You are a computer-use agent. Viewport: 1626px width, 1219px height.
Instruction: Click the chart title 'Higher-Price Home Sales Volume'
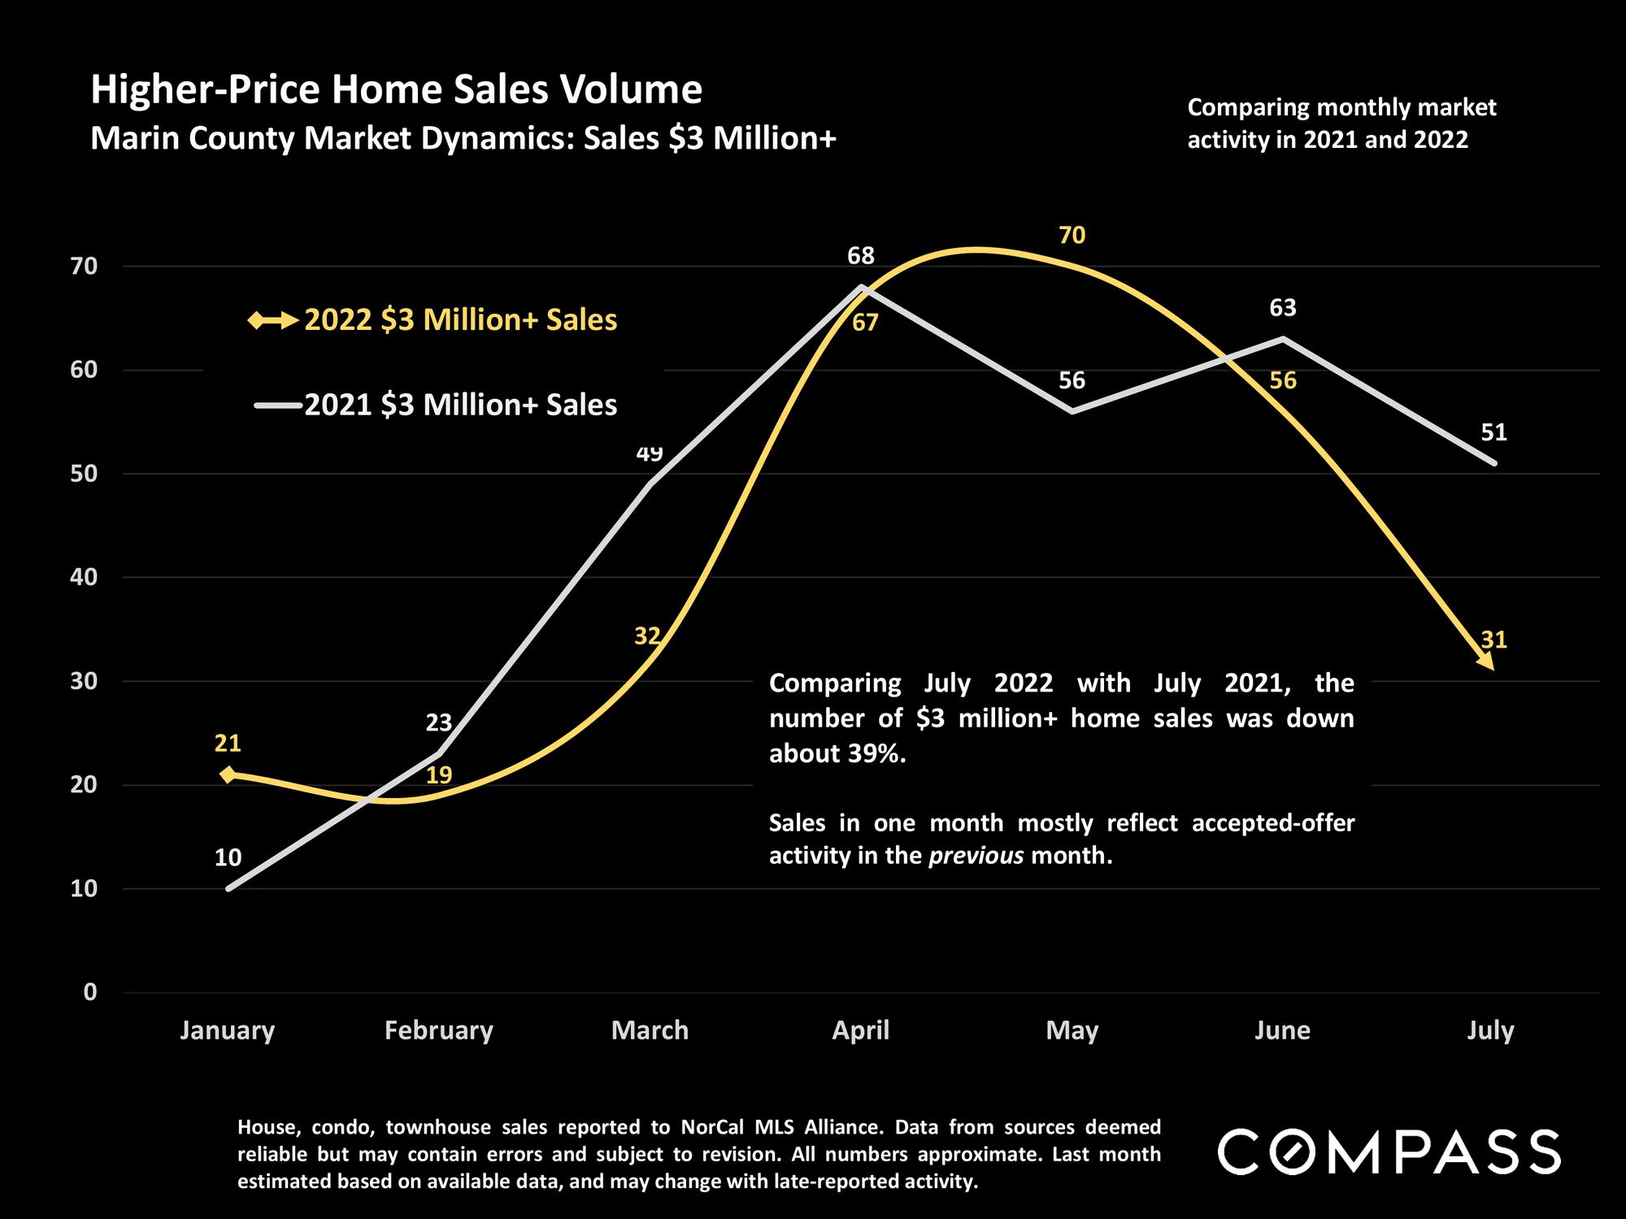coord(396,90)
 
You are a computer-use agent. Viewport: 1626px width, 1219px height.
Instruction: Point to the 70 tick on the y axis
coord(84,267)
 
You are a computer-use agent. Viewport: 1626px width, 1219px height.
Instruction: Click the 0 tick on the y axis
coord(89,992)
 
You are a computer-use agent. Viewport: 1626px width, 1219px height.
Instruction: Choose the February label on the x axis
coord(438,1030)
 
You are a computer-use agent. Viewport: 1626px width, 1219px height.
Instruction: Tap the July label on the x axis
coord(1490,1030)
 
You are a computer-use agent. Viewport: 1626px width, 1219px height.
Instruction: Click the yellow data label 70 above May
coord(1072,236)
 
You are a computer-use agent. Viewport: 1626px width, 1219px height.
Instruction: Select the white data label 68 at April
coord(860,257)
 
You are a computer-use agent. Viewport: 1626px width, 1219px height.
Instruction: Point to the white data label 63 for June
coord(1282,308)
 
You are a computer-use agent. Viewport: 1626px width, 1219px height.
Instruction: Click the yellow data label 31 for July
coord(1493,640)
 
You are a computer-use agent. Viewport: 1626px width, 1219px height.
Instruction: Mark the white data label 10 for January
coord(228,857)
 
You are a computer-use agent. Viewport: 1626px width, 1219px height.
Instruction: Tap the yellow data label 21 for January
coord(228,744)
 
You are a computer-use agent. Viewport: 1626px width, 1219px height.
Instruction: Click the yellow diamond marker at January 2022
coord(228,774)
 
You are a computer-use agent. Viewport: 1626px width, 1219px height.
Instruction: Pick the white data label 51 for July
coord(1493,432)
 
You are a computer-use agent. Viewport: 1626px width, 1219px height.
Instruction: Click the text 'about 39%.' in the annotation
coord(837,754)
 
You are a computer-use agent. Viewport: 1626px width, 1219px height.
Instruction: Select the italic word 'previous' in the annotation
coord(976,856)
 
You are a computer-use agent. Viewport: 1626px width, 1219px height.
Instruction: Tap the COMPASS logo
coord(1389,1152)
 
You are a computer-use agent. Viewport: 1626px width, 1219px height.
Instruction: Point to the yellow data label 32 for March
coord(647,636)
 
